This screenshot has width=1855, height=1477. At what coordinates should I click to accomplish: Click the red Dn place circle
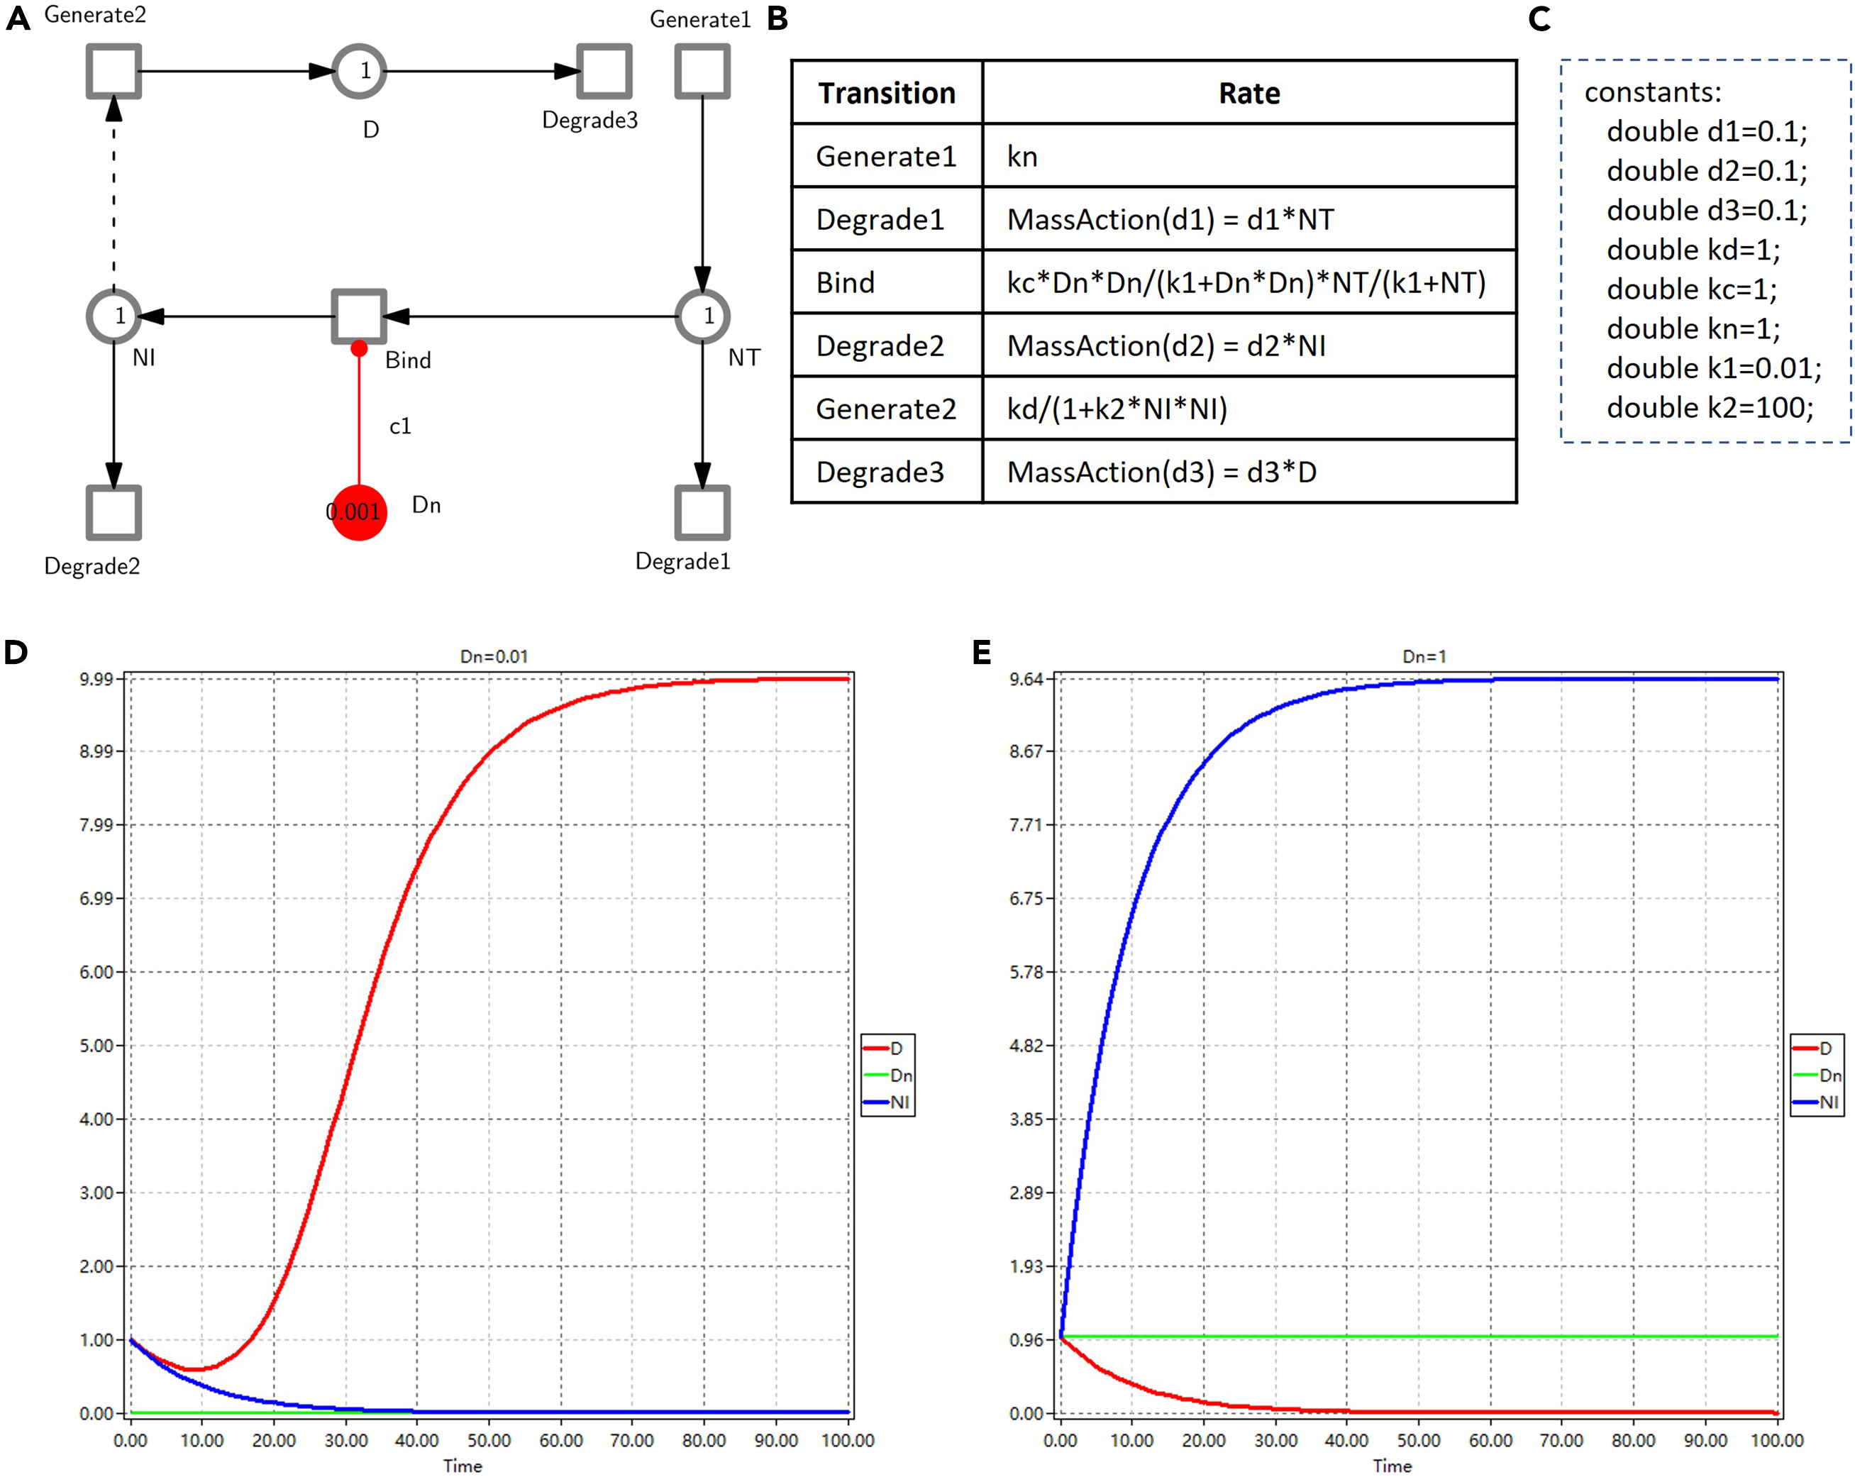pos(359,513)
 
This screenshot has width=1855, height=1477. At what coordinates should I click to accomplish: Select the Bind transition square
pos(359,316)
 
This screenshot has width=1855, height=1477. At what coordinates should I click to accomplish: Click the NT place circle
pos(702,316)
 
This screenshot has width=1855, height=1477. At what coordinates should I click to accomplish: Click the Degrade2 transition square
pos(113,513)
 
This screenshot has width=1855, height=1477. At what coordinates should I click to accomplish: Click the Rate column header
pos(1248,93)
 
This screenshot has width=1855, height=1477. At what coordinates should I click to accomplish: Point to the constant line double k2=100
pos(1709,408)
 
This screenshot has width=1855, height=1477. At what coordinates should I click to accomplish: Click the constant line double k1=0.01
pos(1713,368)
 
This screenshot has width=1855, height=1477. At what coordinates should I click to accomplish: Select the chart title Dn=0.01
pos(494,656)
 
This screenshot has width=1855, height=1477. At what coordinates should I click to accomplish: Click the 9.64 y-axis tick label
pos(1026,680)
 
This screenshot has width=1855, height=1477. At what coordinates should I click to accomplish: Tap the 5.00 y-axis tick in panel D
pos(96,1046)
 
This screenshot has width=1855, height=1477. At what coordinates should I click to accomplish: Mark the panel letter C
pos(1539,19)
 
